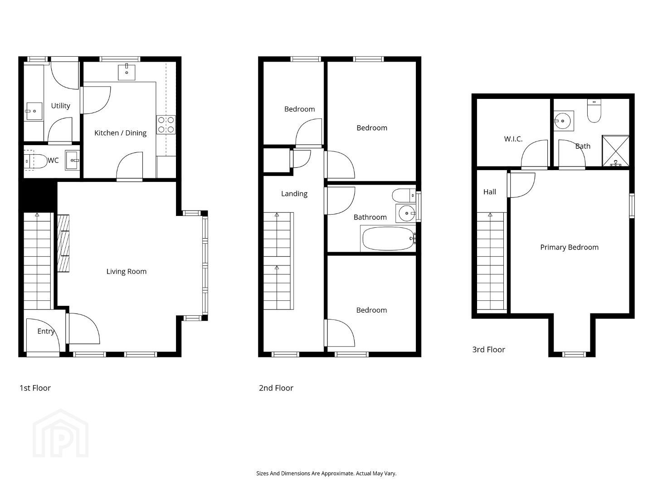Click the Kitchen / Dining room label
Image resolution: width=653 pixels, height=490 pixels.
(120, 133)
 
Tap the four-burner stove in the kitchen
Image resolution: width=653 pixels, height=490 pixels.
(166, 125)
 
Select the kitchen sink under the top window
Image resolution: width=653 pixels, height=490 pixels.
(127, 72)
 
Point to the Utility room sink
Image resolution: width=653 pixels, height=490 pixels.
(34, 111)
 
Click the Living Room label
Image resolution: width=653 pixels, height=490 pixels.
(127, 271)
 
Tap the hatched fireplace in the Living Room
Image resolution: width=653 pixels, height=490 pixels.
(63, 243)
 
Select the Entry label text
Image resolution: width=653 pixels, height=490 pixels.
(46, 331)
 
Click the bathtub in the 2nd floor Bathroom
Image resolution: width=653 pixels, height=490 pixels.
(388, 239)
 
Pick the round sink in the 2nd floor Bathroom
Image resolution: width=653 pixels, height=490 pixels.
(406, 213)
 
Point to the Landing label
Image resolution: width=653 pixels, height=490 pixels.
(294, 194)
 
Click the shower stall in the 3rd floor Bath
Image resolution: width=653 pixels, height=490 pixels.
(615, 151)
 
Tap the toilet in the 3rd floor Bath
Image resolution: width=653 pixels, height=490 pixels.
(594, 111)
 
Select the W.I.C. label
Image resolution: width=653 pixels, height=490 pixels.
(513, 139)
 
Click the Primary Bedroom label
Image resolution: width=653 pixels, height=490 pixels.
(569, 247)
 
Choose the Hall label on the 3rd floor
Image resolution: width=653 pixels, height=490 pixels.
(490, 192)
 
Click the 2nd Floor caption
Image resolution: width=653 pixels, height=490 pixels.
(276, 388)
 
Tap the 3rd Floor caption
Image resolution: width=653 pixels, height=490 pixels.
(488, 349)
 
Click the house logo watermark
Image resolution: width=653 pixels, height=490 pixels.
(61, 433)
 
